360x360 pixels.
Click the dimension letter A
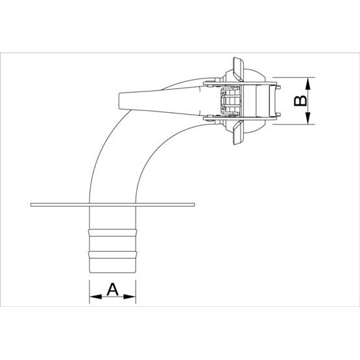pyautogui.click(x=112, y=289)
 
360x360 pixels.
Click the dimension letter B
pyautogui.click(x=300, y=101)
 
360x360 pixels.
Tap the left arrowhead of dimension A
pyautogui.click(x=95, y=297)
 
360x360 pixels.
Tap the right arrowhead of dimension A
pyautogui.click(x=130, y=297)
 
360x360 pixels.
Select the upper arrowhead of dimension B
pyautogui.click(x=308, y=84)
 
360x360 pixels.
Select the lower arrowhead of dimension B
pyautogui.click(x=308, y=118)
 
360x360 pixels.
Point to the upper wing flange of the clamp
pyautogui.click(x=238, y=69)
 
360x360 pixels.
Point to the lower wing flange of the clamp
pyautogui.click(x=238, y=132)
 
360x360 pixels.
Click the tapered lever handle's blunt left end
pyautogui.click(x=119, y=101)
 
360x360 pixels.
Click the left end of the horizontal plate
pyautogui.click(x=31, y=205)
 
